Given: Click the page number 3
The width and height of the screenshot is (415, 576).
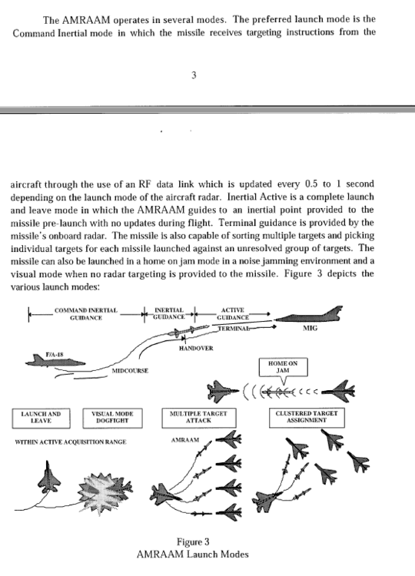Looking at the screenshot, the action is click(194, 75).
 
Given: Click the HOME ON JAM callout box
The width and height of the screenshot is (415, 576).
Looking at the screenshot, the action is click(283, 367).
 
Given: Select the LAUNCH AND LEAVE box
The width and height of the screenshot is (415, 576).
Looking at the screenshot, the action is click(41, 418).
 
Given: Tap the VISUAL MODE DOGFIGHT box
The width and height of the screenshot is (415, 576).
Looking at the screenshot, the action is click(112, 418).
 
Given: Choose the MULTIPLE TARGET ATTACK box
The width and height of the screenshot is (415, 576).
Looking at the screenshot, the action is click(198, 418).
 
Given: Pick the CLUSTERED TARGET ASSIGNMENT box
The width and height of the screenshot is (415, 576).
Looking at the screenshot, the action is click(307, 417).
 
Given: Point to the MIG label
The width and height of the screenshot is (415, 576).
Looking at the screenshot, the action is click(310, 328).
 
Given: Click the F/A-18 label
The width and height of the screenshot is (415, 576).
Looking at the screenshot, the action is click(55, 355).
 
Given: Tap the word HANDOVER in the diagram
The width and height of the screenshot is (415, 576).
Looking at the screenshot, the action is click(196, 348).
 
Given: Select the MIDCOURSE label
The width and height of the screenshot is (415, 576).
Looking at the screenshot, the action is click(130, 371).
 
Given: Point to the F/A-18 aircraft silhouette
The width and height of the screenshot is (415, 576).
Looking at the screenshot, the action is click(55, 362).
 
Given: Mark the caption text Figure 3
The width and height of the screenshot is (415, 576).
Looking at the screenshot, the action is click(193, 542).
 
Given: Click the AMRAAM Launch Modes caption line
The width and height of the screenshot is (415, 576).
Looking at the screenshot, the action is click(192, 554).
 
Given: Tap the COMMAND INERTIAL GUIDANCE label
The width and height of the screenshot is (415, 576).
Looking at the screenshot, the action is click(86, 314).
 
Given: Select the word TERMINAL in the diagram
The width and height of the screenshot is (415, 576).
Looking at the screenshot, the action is click(234, 329).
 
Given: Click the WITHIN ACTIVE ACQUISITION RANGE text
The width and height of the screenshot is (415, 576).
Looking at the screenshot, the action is click(71, 442).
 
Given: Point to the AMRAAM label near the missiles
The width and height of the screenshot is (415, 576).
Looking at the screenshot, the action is click(185, 440).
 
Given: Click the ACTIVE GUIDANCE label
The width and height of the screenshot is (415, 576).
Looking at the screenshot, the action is click(233, 313).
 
